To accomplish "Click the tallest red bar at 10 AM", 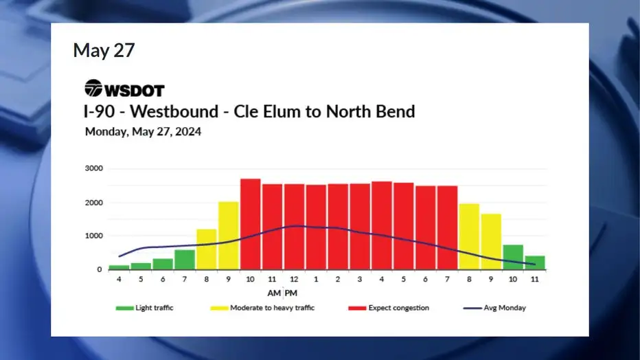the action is pyautogui.click(x=250, y=224).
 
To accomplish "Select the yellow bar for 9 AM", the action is pyautogui.click(x=229, y=236).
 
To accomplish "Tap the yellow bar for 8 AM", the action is pyautogui.click(x=207, y=249).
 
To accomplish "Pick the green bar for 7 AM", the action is pyautogui.click(x=185, y=260).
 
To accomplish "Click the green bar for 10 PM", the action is pyautogui.click(x=513, y=257).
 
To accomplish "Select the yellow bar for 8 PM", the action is pyautogui.click(x=469, y=237).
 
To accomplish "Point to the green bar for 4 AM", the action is pyautogui.click(x=119, y=267).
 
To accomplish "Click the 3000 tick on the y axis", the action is pyautogui.click(x=94, y=168).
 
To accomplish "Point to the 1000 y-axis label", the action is pyautogui.click(x=94, y=236).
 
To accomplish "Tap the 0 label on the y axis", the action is pyautogui.click(x=99, y=269).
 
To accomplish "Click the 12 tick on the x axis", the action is pyautogui.click(x=294, y=279).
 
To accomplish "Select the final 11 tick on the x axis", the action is pyautogui.click(x=535, y=279).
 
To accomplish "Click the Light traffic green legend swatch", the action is pyautogui.click(x=124, y=308).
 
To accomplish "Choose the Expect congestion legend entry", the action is pyautogui.click(x=389, y=308).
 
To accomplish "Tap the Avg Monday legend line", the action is pyautogui.click(x=472, y=308).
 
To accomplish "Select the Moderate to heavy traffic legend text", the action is pyautogui.click(x=272, y=308).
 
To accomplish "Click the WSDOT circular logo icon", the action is pyautogui.click(x=93, y=88).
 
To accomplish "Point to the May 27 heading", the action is pyautogui.click(x=104, y=51).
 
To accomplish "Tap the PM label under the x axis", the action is pyautogui.click(x=291, y=293).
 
